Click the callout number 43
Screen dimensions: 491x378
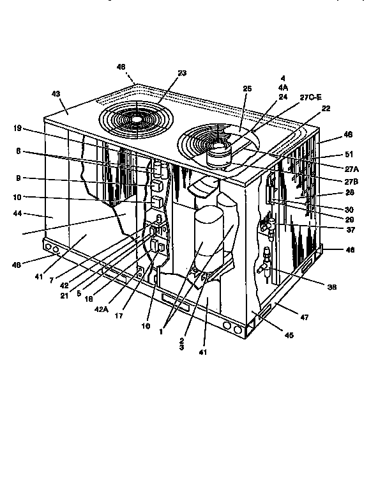(56, 94)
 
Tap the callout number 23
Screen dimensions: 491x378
(182, 73)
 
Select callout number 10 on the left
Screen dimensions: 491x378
(17, 198)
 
